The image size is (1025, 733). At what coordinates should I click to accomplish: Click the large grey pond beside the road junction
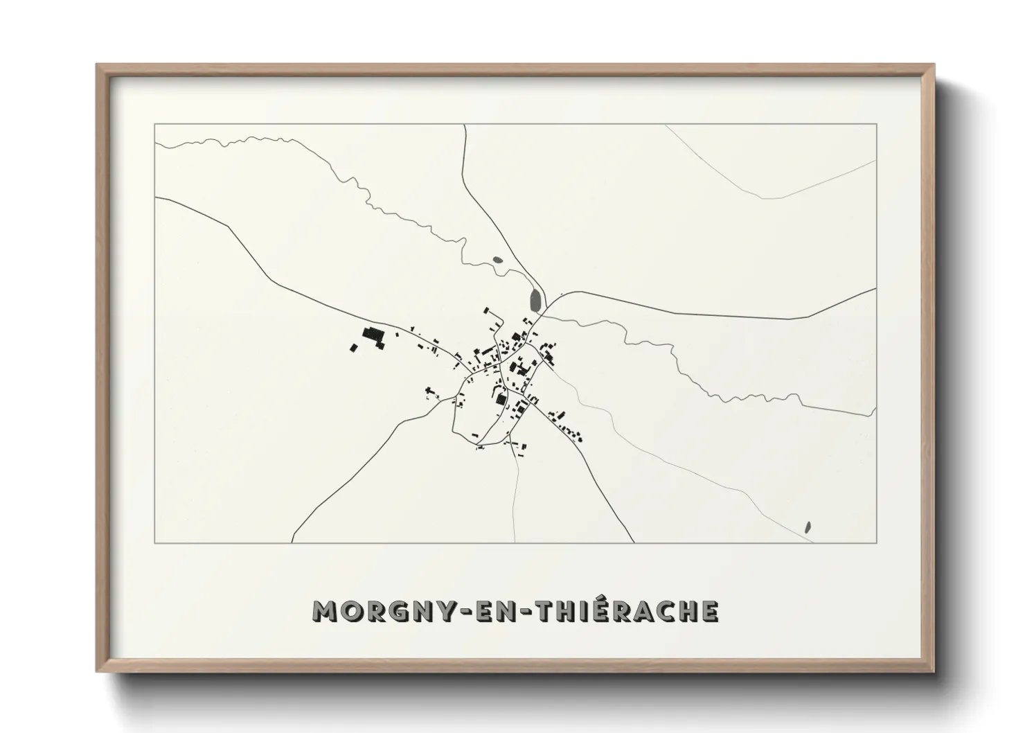click(535, 300)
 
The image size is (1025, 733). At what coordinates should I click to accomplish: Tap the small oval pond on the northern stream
click(497, 261)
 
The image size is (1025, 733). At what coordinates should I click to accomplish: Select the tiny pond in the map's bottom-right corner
click(808, 527)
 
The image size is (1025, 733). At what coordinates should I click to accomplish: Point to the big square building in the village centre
click(500, 399)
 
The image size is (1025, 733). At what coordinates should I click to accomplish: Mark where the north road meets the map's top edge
click(464, 125)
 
